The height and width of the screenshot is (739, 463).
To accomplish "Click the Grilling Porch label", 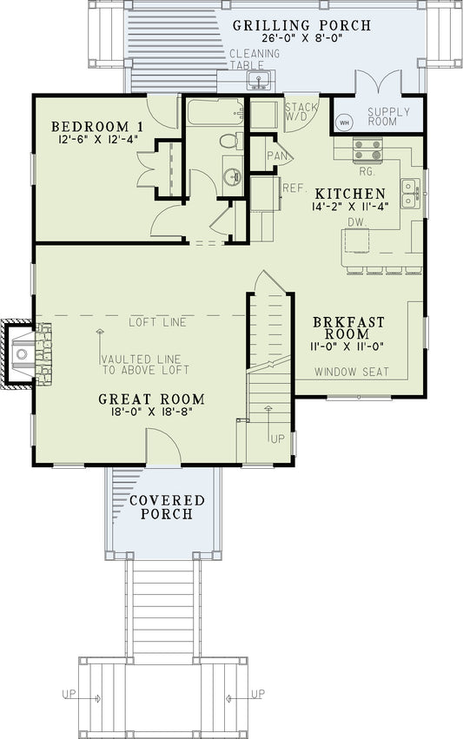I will (301, 25).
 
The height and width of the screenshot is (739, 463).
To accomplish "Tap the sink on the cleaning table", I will (256, 82).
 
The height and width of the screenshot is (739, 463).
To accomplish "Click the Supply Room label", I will (382, 116).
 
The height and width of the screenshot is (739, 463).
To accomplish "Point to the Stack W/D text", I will (301, 111).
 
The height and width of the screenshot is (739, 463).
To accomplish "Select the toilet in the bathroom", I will (230, 141).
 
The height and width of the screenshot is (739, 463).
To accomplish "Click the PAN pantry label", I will (277, 155).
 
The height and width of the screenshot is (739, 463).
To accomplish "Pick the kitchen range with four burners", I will (362, 151).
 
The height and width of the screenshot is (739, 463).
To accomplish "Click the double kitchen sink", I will (408, 190).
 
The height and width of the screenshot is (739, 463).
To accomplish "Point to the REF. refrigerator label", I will (292, 187).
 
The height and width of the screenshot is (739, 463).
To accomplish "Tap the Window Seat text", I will (351, 373).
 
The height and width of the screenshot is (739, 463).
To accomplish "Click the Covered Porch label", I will (167, 508).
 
